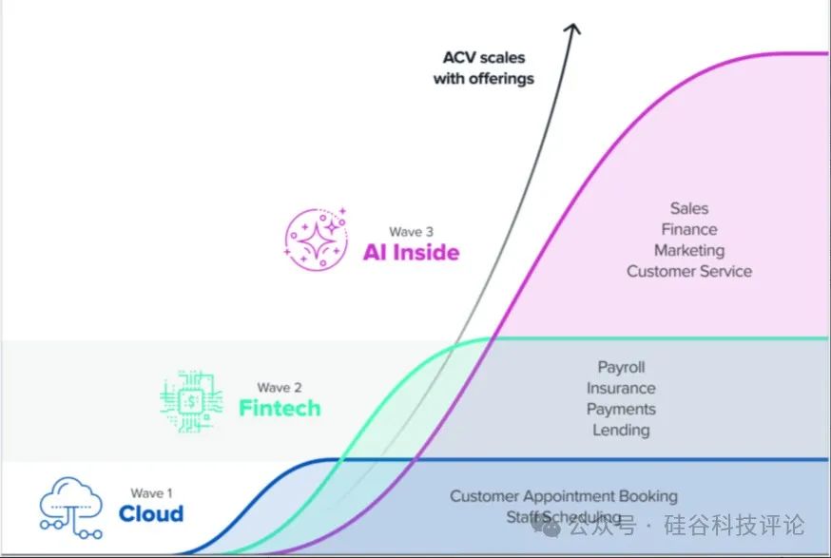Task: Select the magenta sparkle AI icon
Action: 318,238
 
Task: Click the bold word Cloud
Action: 151,514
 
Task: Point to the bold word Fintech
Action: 280,409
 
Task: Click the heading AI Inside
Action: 411,252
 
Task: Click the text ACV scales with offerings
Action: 484,67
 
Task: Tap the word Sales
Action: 689,208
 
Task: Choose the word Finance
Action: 689,229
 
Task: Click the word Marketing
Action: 689,250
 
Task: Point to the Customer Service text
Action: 689,271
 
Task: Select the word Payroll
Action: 621,367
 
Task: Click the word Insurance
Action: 621,388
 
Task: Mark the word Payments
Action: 621,409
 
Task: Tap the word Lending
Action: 621,430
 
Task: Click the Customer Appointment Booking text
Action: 564,495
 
